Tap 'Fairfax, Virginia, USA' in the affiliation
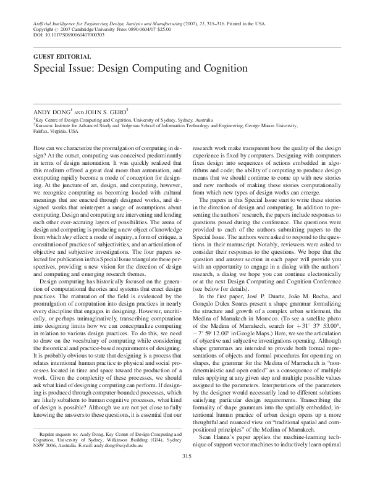click(56, 131)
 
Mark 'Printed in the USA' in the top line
click(244, 23)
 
